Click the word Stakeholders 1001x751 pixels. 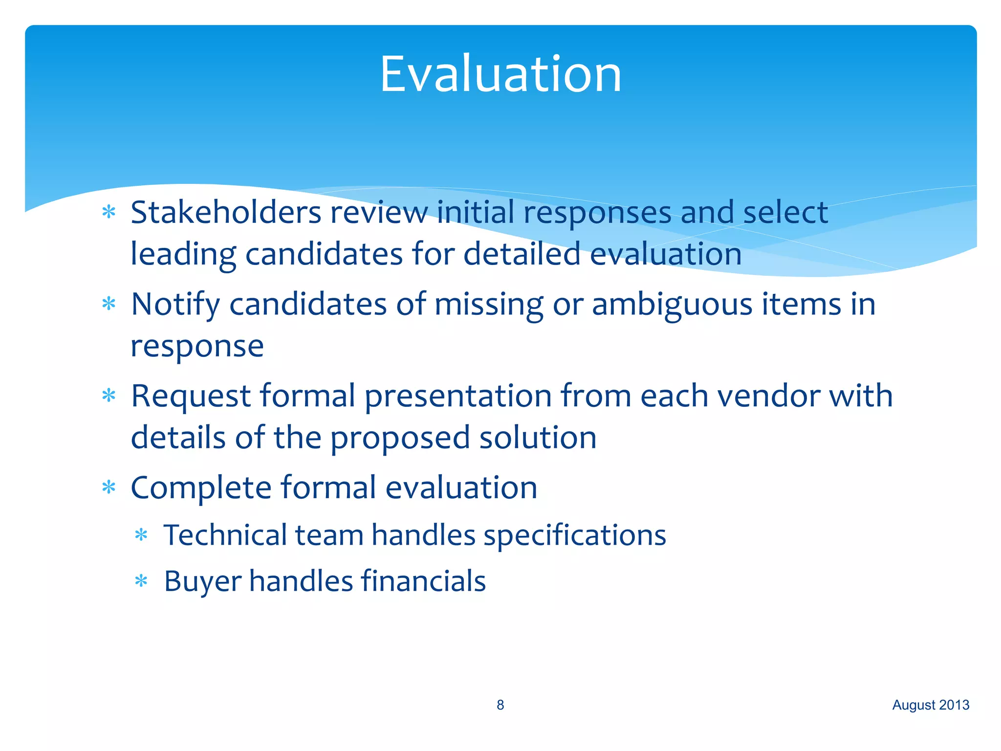(226, 213)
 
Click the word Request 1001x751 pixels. (191, 397)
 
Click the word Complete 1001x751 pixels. (200, 488)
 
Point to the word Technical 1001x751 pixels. (225, 535)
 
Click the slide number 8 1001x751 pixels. (500, 705)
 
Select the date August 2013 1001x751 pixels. (931, 705)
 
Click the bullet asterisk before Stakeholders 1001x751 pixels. (109, 212)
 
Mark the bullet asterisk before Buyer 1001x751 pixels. (141, 581)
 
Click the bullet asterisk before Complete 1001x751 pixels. (109, 487)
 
